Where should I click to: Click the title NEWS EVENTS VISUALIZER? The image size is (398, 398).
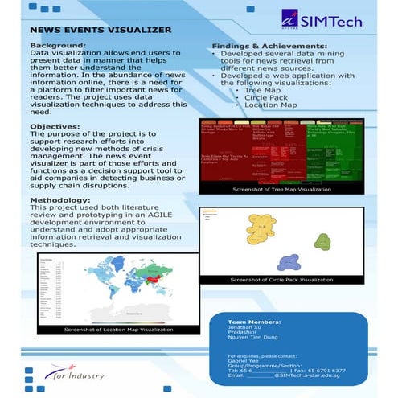tap(101, 30)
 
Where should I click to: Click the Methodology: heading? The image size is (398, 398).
tap(61, 199)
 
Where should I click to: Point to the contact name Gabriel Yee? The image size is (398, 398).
tap(245, 361)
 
